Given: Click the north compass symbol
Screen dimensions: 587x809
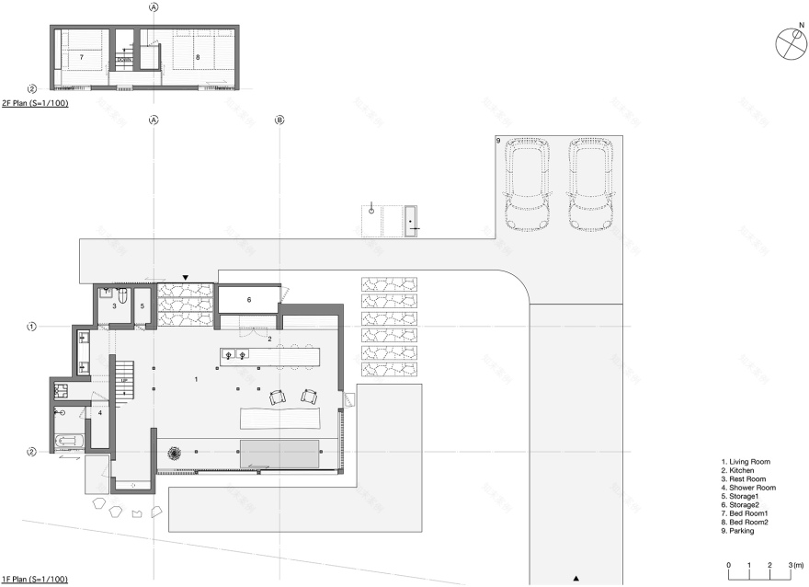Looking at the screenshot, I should point(790,45).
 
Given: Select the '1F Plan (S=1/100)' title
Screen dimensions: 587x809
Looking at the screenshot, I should point(34,580).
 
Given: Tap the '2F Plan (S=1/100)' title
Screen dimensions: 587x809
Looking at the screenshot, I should point(34,104).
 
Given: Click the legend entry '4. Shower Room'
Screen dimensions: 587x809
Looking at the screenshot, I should point(748,487).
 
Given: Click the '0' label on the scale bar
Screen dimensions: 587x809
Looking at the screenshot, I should point(728,564).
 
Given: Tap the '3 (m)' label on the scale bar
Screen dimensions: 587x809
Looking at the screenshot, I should point(795,564).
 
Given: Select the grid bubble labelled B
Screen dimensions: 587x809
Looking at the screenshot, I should point(280,120).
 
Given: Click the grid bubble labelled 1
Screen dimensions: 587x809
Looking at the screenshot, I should point(31,327).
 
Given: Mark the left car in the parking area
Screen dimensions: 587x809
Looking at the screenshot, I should point(527,185).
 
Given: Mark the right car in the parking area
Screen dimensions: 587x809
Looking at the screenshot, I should point(590,185).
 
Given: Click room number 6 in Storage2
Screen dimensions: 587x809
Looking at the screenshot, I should point(248,300).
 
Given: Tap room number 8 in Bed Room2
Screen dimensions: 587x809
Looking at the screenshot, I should point(198,57).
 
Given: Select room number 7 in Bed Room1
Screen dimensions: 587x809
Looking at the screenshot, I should point(81,57).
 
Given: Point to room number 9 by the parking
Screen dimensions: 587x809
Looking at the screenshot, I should point(497,141).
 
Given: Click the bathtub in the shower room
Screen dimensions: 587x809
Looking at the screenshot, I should point(70,441).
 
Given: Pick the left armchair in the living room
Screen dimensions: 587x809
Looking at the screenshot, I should point(277,397).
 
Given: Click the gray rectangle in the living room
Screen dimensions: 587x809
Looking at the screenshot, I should point(279,452).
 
